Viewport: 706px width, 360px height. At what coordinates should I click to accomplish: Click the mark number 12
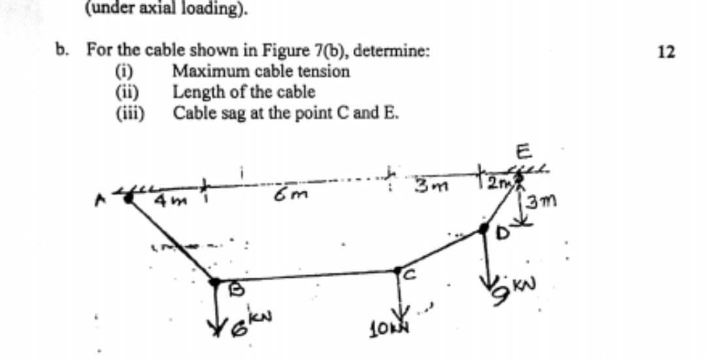pyautogui.click(x=666, y=52)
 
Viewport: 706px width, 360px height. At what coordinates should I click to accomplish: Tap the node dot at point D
pyautogui.click(x=484, y=227)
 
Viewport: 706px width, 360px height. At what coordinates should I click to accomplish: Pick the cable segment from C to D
pyautogui.click(x=441, y=248)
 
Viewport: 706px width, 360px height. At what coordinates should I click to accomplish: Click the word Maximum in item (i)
pyautogui.click(x=206, y=71)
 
